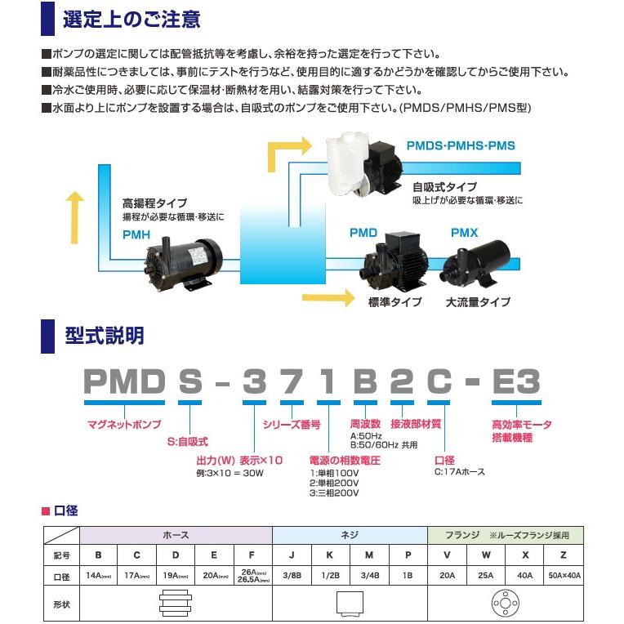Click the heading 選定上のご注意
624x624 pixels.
(x=131, y=18)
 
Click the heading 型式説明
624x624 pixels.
(x=104, y=335)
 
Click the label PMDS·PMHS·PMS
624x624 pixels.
(x=461, y=146)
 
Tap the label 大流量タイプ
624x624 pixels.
(x=478, y=302)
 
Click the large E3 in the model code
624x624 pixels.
(x=516, y=381)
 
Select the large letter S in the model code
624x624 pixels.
(x=189, y=381)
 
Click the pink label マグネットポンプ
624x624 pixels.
(x=123, y=425)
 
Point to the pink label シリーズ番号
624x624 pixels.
(x=292, y=425)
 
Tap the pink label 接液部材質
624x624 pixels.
(x=416, y=425)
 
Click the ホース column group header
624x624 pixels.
(x=175, y=535)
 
